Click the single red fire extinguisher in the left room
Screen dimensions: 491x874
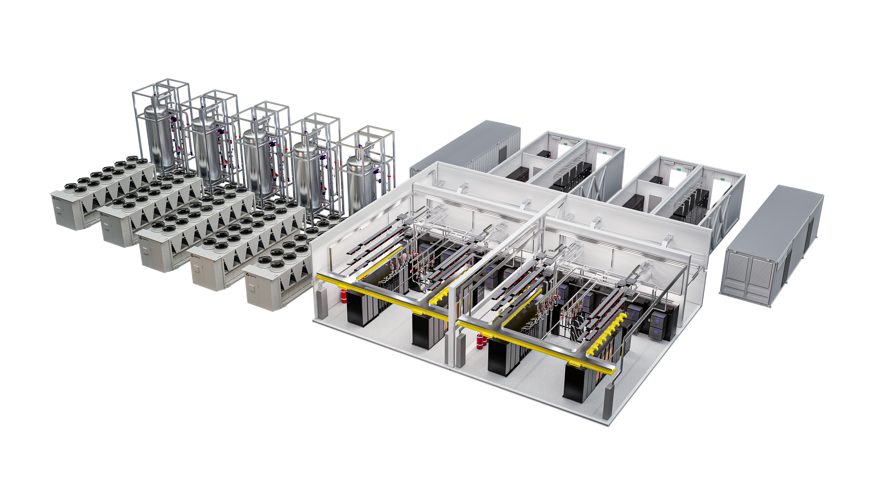click(x=344, y=296)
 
